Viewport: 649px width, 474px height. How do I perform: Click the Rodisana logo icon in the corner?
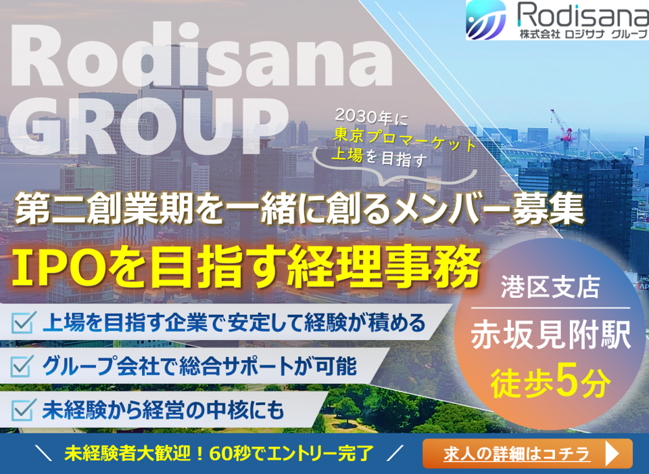tap(485, 20)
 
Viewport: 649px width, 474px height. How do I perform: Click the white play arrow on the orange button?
tap(612, 454)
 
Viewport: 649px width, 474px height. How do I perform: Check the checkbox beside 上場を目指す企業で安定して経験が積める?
tap(23, 322)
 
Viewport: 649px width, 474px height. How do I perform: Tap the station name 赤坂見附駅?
tap(550, 335)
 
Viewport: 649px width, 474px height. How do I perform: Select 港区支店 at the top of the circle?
tap(550, 286)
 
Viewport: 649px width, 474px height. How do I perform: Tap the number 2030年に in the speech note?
tap(371, 116)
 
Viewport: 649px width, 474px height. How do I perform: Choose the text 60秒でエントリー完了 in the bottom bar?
tap(292, 454)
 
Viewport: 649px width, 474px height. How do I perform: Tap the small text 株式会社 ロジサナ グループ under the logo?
tap(583, 34)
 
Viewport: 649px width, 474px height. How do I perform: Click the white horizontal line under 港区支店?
tap(550, 308)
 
